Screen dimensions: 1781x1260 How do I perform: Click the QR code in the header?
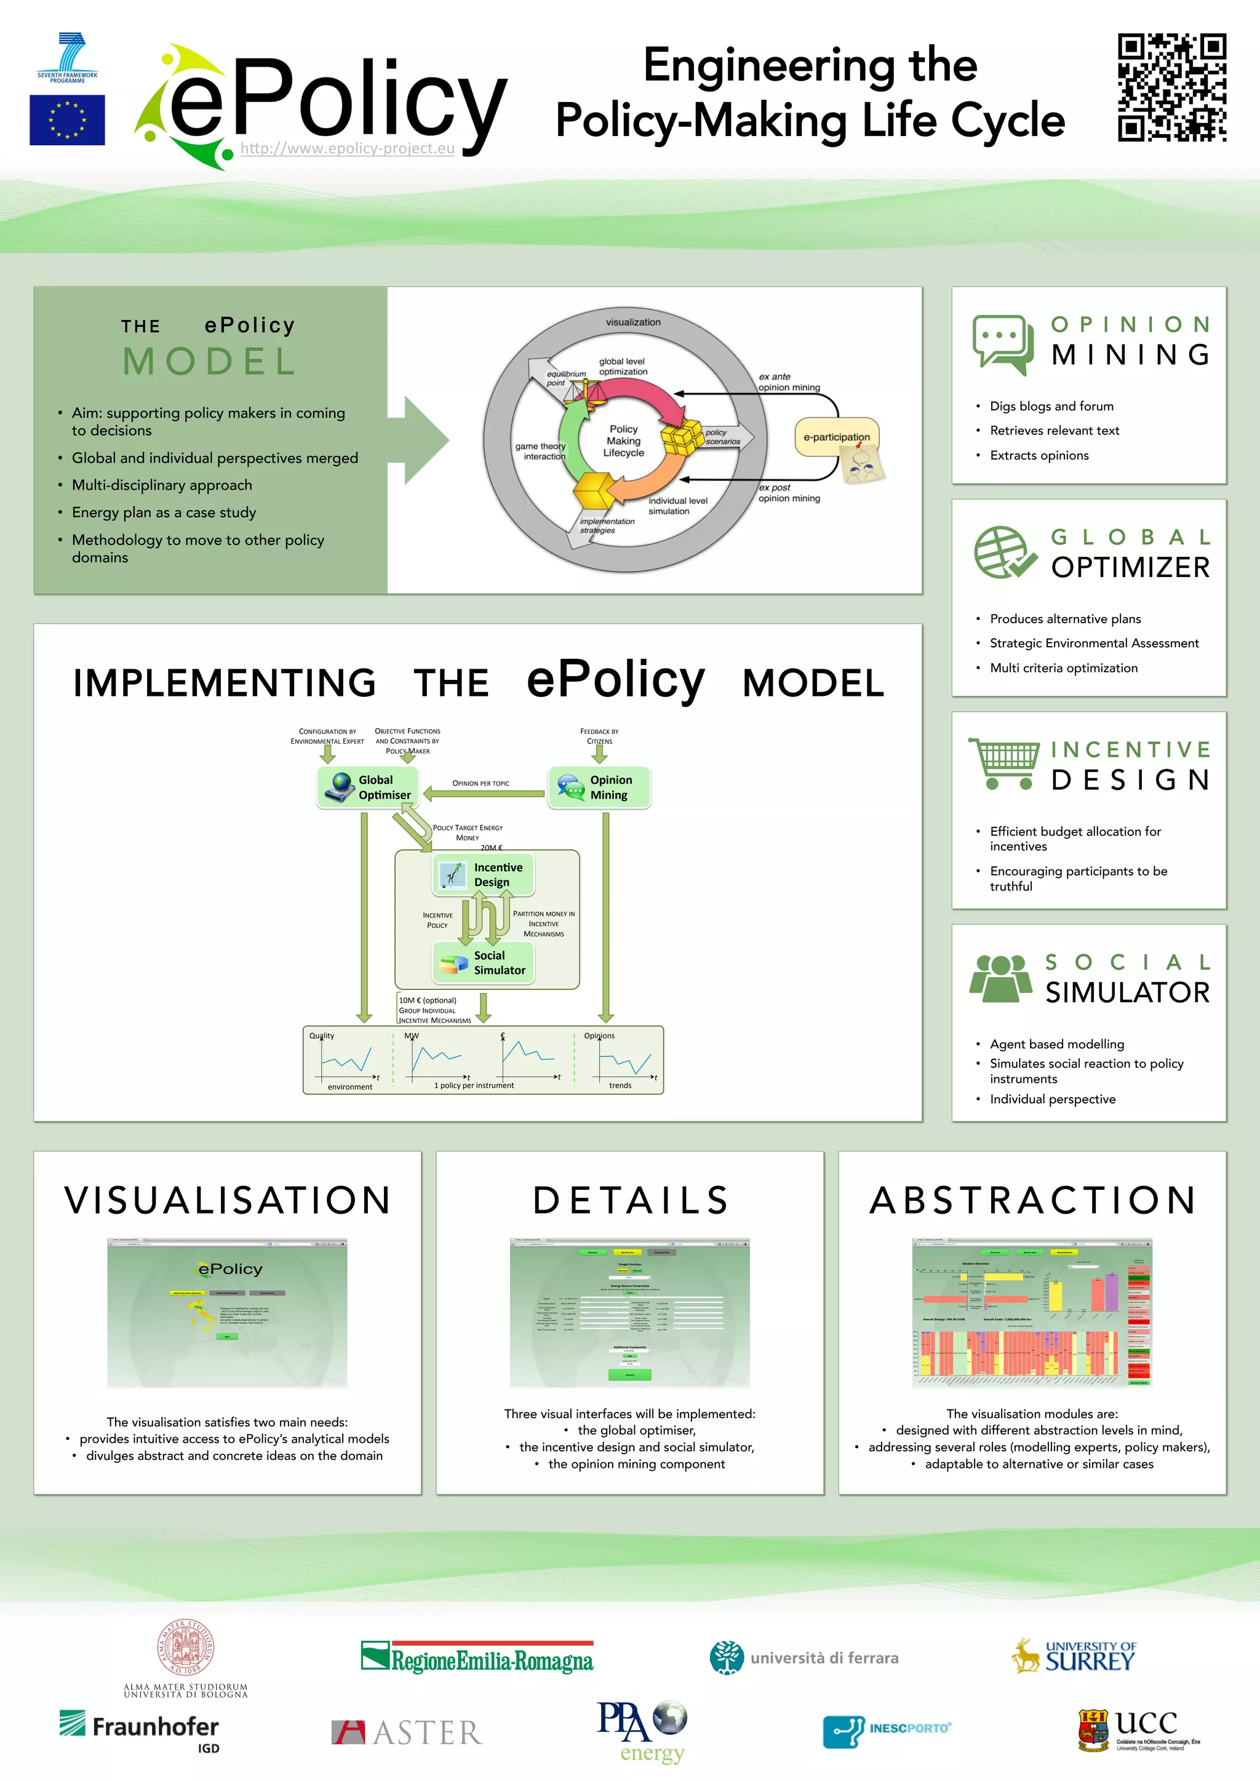click(x=1171, y=87)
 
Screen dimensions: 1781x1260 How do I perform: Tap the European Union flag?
click(x=68, y=120)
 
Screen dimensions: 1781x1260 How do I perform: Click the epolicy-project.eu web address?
click(x=347, y=148)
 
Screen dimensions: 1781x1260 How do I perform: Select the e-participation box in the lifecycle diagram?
click(x=836, y=437)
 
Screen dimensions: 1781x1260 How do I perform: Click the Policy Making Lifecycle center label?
click(x=624, y=440)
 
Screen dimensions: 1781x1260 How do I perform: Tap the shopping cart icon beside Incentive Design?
click(x=1004, y=763)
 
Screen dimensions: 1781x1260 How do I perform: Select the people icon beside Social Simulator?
click(x=1001, y=978)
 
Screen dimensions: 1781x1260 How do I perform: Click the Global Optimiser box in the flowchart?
click(x=368, y=787)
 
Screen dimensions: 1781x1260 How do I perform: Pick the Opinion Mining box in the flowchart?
click(x=599, y=787)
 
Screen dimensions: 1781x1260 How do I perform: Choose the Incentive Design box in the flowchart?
click(x=484, y=874)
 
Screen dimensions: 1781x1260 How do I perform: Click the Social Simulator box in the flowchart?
click(x=484, y=963)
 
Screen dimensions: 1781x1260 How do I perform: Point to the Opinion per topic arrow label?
click(x=481, y=783)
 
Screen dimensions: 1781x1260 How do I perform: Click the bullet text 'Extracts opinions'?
click(x=1039, y=455)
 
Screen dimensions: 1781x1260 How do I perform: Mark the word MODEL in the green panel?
click(x=209, y=362)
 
